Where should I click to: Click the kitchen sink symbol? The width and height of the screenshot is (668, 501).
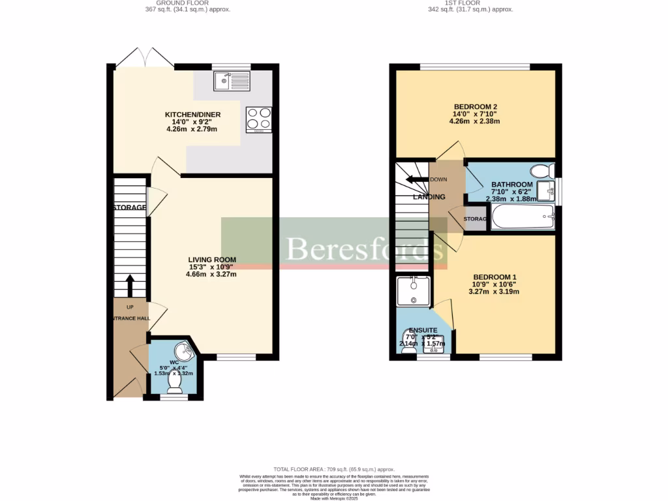pos(231,82)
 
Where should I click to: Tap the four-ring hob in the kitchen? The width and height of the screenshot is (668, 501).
pos(258,119)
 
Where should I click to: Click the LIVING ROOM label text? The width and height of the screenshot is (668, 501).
pos(210,260)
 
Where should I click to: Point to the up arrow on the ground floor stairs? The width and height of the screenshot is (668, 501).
pos(129,284)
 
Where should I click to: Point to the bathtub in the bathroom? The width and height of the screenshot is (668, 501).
pos(523,217)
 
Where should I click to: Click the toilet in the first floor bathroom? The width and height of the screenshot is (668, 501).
pos(541,172)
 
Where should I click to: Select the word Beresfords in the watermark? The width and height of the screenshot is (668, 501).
pos(359,248)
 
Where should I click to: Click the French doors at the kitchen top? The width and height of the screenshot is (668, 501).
pos(145,57)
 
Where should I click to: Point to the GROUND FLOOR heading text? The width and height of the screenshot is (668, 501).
pos(188,3)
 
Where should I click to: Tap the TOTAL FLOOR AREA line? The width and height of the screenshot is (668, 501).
pos(334,469)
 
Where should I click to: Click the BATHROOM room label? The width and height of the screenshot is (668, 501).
pos(511,185)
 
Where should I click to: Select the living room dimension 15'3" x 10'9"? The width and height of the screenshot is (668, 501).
pos(210,267)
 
